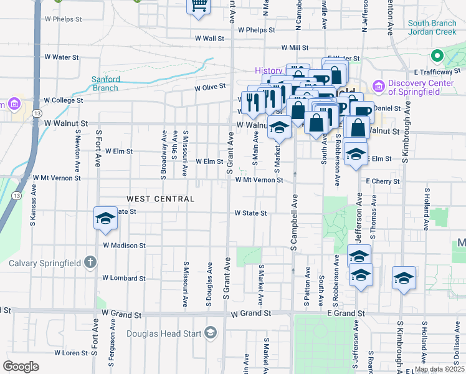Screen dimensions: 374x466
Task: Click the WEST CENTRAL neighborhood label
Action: coord(161,199)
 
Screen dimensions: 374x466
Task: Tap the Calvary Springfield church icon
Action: coord(90,262)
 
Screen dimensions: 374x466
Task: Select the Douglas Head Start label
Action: coord(164,333)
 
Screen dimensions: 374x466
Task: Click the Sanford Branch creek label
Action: coord(105,84)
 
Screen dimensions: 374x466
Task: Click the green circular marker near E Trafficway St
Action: coord(437,56)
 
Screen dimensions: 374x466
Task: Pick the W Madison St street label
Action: coord(124,246)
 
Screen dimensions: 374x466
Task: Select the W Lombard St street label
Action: coord(124,278)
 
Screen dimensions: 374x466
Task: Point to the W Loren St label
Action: coord(71,353)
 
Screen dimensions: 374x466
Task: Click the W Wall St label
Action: coord(209,39)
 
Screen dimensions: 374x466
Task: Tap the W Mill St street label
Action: coord(295,47)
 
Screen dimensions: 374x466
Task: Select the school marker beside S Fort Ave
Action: coord(105,218)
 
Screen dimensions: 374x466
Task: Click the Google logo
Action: coord(21,367)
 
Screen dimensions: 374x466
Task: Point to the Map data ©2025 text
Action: coord(439,369)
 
